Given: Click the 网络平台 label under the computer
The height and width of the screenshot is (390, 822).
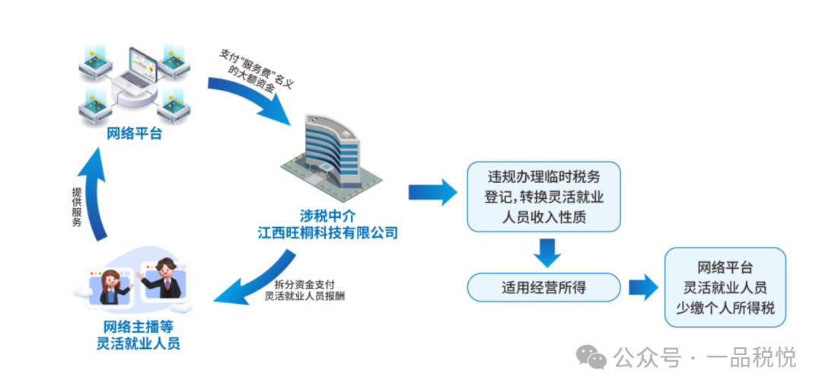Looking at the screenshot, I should (x=134, y=134).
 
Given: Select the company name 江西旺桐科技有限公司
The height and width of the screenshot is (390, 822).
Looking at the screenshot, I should (x=327, y=231).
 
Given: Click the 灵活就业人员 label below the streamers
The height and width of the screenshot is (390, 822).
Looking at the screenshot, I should (x=138, y=344).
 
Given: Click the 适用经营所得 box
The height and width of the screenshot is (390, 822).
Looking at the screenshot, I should (x=543, y=287).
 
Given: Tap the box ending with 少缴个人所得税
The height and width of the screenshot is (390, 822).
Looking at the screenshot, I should (x=725, y=288).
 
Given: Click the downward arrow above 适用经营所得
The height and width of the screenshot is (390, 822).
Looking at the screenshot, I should (x=546, y=251).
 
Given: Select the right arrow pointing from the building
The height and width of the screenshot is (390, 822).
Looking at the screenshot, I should (x=432, y=192).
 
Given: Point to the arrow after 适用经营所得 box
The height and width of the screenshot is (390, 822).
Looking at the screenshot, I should (x=642, y=288).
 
